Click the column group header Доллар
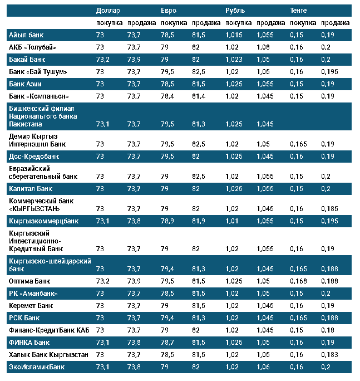tap(107, 11)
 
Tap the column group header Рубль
tap(234, 11)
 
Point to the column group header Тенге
tap(298, 11)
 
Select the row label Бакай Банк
tap(27, 59)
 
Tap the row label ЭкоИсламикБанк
tap(37, 367)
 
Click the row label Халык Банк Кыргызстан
tap(48, 354)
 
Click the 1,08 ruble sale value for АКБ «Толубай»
tap(263, 47)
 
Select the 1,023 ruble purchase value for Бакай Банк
tap(235, 59)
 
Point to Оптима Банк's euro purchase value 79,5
tap(167, 281)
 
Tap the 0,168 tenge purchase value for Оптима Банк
tap(298, 281)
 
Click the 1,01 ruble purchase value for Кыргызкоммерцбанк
tap(233, 221)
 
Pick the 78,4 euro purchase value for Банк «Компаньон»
tap(167, 96)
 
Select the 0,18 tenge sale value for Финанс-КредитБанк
tap(328, 330)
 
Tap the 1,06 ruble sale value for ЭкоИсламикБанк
tap(263, 367)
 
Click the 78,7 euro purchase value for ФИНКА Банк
tap(167, 342)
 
